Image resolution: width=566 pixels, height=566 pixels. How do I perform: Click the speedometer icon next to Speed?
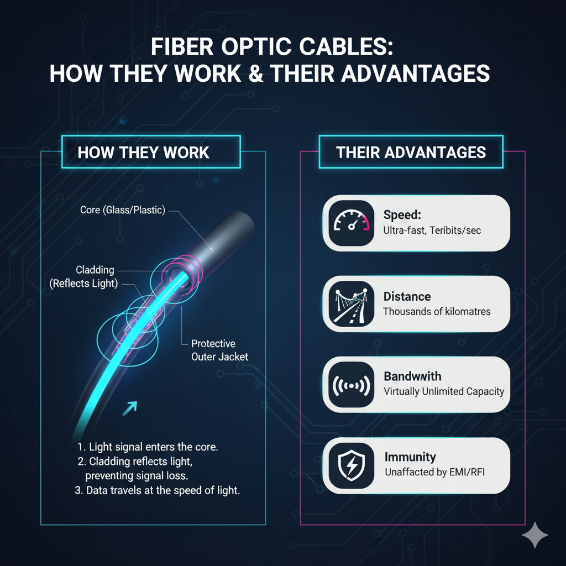(x=350, y=222)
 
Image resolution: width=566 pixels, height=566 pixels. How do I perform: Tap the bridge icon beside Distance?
(x=350, y=303)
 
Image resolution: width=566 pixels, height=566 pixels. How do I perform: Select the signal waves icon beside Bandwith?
(x=350, y=384)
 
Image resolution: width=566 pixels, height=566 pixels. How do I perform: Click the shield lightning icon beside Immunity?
(x=350, y=465)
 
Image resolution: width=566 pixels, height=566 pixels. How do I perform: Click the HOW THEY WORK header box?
(x=144, y=153)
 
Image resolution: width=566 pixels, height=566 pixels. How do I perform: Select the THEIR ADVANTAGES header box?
(x=411, y=153)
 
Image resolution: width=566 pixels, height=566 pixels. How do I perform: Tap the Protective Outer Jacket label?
(x=220, y=350)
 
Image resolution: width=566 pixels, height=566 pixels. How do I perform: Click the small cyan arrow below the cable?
(x=130, y=409)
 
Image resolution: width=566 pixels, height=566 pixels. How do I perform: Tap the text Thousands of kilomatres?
(x=437, y=311)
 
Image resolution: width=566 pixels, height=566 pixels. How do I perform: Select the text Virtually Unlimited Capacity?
(x=444, y=391)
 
